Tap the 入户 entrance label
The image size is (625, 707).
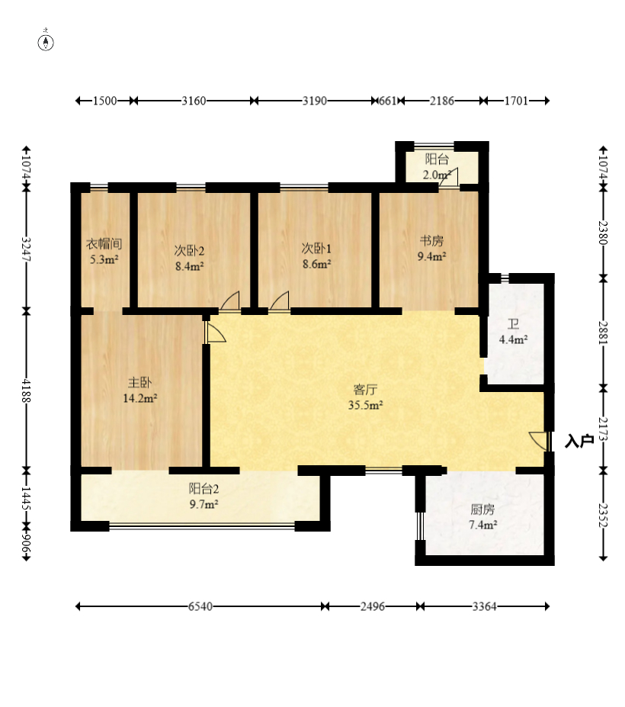579,441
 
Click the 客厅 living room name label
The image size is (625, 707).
365,390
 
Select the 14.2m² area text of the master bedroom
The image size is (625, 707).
140,398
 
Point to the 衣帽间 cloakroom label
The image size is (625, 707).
104,244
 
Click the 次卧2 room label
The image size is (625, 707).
189,251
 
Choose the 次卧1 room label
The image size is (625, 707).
316,249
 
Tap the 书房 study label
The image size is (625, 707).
431,241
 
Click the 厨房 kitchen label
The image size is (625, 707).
482,509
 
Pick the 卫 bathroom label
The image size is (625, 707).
513,324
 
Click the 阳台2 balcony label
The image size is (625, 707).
204,489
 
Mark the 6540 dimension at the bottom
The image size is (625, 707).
200,606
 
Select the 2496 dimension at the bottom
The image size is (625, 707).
372,606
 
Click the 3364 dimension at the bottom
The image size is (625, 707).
485,606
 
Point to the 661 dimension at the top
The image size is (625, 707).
387,101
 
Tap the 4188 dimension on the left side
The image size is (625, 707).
27,390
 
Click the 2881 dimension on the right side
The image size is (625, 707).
604,333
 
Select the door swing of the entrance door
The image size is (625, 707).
538,440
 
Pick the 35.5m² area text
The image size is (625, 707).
365,405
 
